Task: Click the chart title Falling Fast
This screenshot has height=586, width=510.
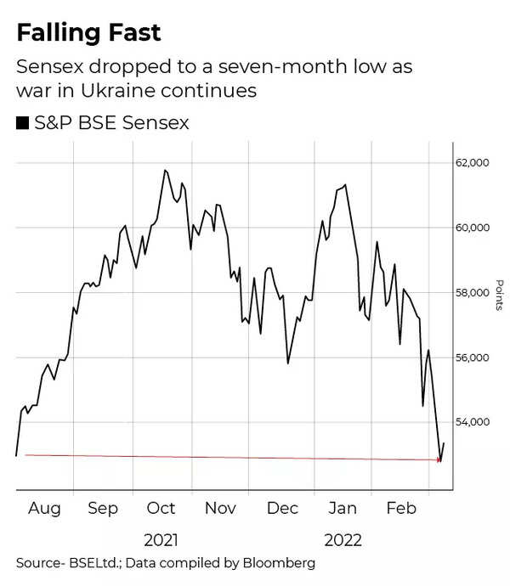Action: (89, 34)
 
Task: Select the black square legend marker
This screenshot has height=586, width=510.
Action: (22, 124)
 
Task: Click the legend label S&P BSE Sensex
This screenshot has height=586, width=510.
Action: (111, 124)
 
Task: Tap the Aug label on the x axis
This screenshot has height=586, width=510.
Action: (44, 508)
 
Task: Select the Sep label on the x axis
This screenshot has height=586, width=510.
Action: (102, 508)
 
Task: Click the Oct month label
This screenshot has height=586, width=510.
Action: (161, 508)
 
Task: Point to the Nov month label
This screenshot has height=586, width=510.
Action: (220, 508)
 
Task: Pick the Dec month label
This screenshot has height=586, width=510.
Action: (282, 508)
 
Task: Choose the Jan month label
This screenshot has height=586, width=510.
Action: (343, 508)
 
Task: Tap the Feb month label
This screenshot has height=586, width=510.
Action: (401, 508)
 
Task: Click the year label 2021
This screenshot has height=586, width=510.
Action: (161, 540)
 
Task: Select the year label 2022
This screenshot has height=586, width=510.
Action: (342, 540)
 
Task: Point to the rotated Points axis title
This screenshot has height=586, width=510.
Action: (499, 293)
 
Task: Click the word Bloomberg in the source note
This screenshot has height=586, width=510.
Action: (274, 563)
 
